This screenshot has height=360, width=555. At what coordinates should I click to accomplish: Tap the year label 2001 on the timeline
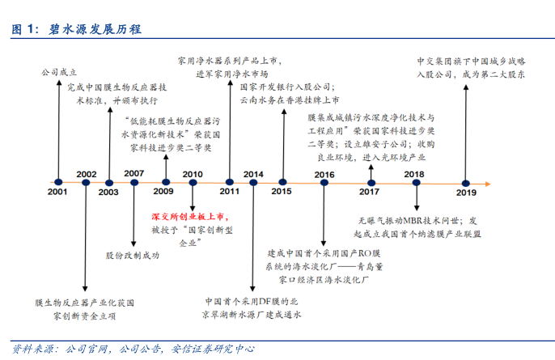coord(57,193)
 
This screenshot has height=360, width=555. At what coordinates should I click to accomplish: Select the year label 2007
coord(134,173)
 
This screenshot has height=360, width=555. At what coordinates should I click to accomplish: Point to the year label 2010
coord(193,174)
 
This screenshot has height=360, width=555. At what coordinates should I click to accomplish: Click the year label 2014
coord(253,174)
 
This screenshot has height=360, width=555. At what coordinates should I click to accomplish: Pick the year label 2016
coord(324,174)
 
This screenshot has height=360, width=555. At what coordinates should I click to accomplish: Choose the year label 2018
coord(414,174)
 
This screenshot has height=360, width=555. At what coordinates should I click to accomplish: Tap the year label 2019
coord(466,193)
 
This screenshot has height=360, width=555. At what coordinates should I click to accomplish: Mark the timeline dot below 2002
coord(86,183)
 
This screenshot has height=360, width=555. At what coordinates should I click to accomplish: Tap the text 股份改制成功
coord(132,255)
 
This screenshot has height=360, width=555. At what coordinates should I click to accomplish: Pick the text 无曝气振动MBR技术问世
coord(410,219)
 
